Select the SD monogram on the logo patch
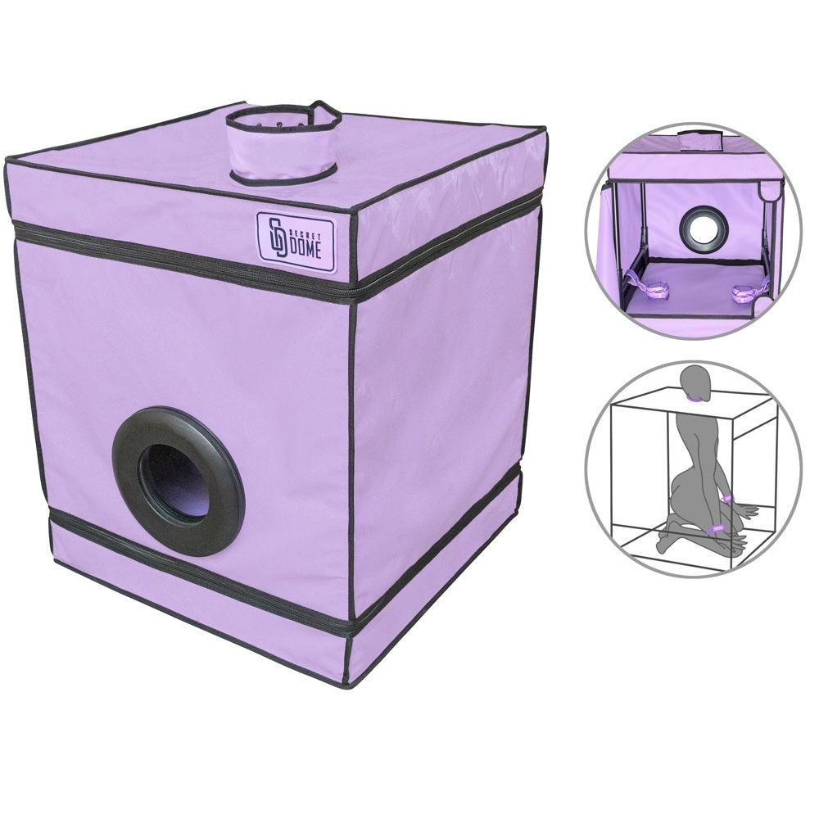276,238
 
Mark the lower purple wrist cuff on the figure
714,530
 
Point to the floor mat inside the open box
696,287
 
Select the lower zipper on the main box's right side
434,557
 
